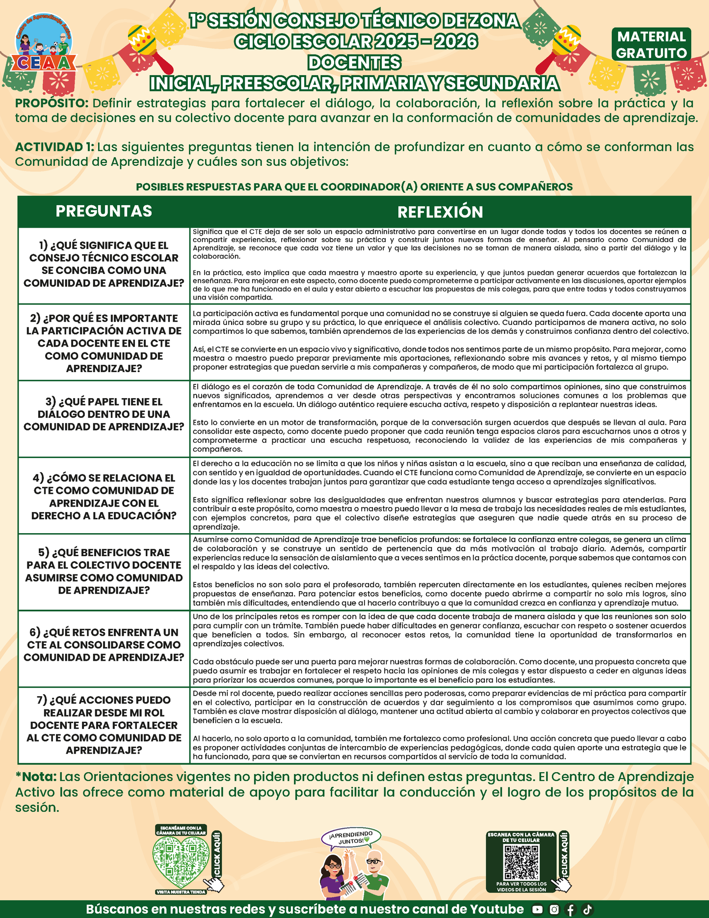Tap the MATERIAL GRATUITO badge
(652, 45)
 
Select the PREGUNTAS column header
(104, 211)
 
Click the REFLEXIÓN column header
(440, 212)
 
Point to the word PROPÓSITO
(52, 104)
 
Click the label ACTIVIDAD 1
(54, 147)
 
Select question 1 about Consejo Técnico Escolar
(104, 264)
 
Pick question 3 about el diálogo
(104, 414)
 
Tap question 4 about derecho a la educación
(104, 496)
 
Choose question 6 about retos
(104, 645)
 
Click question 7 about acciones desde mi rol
(104, 725)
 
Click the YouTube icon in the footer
(538, 910)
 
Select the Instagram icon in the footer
(554, 910)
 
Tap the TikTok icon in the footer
(587, 910)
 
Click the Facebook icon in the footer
(571, 910)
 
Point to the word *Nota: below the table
(36, 777)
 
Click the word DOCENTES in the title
(354, 63)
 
